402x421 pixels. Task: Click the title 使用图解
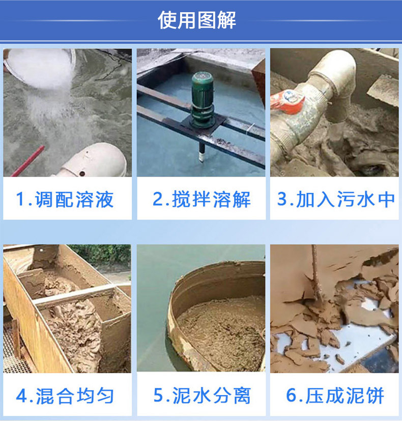[x=197, y=20]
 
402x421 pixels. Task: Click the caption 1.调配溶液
[x=65, y=199]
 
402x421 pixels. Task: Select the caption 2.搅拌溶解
[x=202, y=199]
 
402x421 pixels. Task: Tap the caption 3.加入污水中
[x=335, y=199]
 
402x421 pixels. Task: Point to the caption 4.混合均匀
[x=65, y=396]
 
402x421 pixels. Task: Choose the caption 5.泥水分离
[x=202, y=396]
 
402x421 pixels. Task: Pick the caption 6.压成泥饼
[x=335, y=396]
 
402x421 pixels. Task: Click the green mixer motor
[x=203, y=99]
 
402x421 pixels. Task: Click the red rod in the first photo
[x=28, y=161]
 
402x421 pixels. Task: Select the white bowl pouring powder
[x=40, y=67]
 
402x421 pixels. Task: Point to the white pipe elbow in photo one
[x=91, y=160]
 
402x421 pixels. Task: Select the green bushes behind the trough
[x=102, y=254]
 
